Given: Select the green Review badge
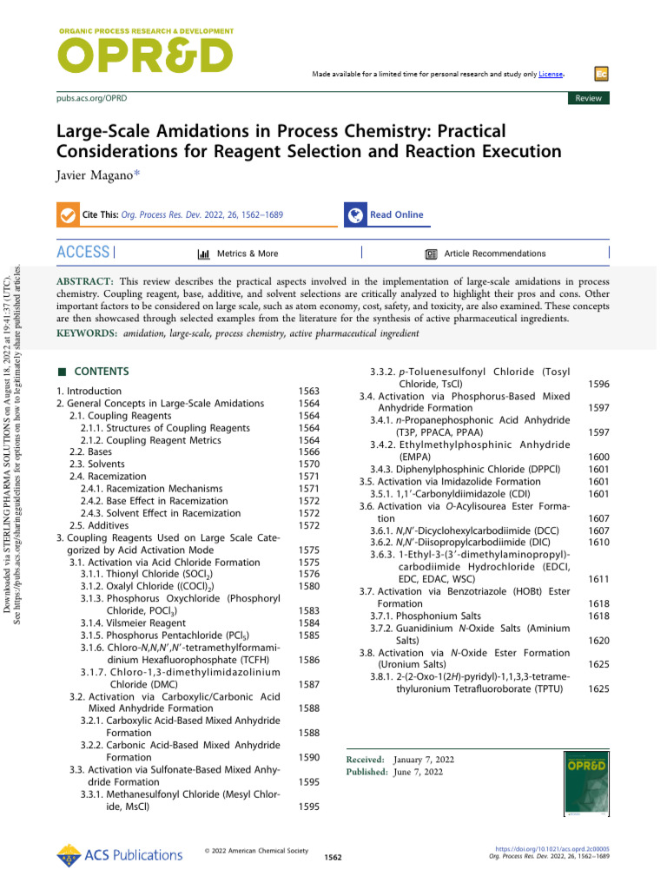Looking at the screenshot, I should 588,99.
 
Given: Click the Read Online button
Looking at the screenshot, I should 396,214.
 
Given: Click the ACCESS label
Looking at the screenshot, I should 83,253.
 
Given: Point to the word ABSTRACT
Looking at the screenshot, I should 85,283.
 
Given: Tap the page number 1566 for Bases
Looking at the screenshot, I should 308,451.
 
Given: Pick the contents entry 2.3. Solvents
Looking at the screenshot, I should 96,464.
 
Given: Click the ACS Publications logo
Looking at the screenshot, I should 107,855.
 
